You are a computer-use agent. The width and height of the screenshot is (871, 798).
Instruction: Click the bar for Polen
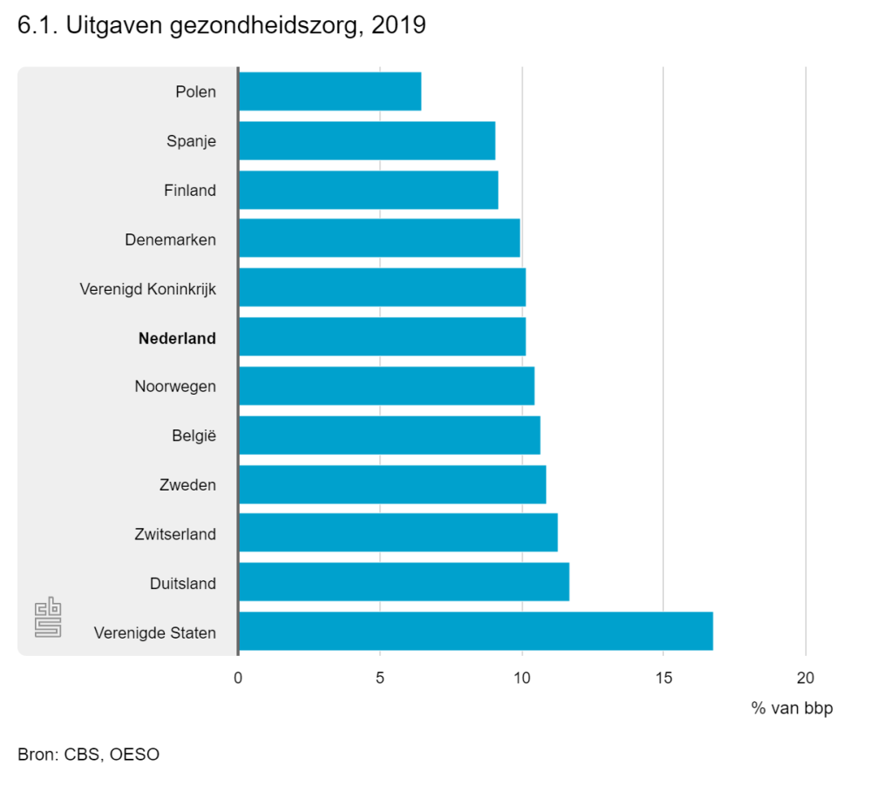(x=330, y=91)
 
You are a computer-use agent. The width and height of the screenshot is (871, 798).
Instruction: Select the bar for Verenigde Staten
(x=475, y=632)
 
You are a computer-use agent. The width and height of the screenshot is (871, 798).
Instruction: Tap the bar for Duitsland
(x=404, y=582)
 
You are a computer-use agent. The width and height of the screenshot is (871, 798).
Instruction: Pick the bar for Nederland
(x=382, y=337)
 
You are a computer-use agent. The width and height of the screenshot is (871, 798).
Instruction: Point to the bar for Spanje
(x=366, y=141)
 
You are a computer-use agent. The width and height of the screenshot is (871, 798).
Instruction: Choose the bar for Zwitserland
(x=398, y=533)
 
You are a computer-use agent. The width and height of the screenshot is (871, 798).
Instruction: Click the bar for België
(x=389, y=435)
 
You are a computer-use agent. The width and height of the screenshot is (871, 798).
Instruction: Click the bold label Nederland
(x=177, y=339)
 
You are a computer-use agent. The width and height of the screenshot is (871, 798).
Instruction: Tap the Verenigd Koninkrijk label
(x=147, y=289)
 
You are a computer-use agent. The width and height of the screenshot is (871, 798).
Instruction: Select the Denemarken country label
(x=170, y=240)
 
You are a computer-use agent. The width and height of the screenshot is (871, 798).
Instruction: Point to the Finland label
(x=189, y=191)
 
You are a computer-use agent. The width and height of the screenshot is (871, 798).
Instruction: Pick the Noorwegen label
(x=175, y=387)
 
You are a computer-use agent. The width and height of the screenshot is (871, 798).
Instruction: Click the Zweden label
(x=187, y=485)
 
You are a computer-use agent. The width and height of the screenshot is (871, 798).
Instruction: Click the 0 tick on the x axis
(x=238, y=678)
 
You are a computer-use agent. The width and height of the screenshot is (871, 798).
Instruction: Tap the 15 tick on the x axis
(x=663, y=678)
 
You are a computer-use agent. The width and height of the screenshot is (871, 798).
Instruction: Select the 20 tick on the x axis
(x=805, y=678)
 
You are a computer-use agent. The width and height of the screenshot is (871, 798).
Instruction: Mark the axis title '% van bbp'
(x=792, y=708)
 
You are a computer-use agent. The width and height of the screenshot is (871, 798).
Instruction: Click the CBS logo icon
(x=49, y=618)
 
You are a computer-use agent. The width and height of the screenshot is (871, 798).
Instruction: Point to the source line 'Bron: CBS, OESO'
(x=88, y=754)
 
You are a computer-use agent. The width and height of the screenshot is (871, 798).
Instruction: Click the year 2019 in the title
(x=398, y=26)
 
